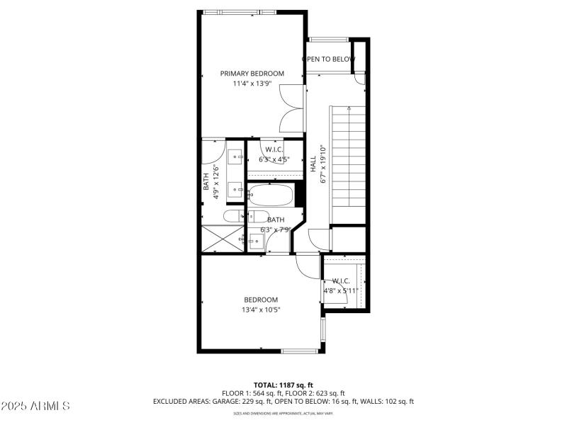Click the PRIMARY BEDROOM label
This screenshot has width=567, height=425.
coord(252,73)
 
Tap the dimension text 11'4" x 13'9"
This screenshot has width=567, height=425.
coord(252,84)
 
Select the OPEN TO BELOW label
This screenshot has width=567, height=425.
coord(327,59)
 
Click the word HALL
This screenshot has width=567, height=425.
coord(313,164)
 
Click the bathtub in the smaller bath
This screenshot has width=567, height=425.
coord(270,195)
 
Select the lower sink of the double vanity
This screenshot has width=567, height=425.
coord(235,188)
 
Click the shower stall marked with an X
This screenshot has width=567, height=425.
coord(223,237)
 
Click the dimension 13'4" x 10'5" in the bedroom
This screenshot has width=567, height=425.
coord(261,310)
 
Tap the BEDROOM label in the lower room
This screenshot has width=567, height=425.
coord(261,300)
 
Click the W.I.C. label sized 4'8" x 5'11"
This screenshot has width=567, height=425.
coord(341,280)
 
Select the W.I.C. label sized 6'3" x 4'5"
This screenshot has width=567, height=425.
coord(275,149)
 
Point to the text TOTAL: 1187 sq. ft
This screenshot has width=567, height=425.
coord(283,385)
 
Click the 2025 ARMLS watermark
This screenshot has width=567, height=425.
coord(35,406)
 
